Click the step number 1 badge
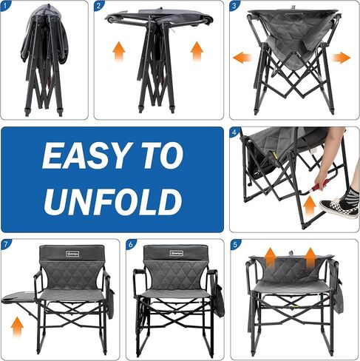[x=6, y=6]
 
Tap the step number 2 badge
[x=100, y=6]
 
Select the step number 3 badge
[x=234, y=6]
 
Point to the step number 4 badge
[x=234, y=132]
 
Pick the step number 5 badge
[x=234, y=244]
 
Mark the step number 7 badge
[x=7, y=244]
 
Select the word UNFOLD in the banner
[x=112, y=201]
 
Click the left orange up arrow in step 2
[x=118, y=50]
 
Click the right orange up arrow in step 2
[x=197, y=50]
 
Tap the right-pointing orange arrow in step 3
[x=341, y=57]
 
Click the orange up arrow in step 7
[x=18, y=324]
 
